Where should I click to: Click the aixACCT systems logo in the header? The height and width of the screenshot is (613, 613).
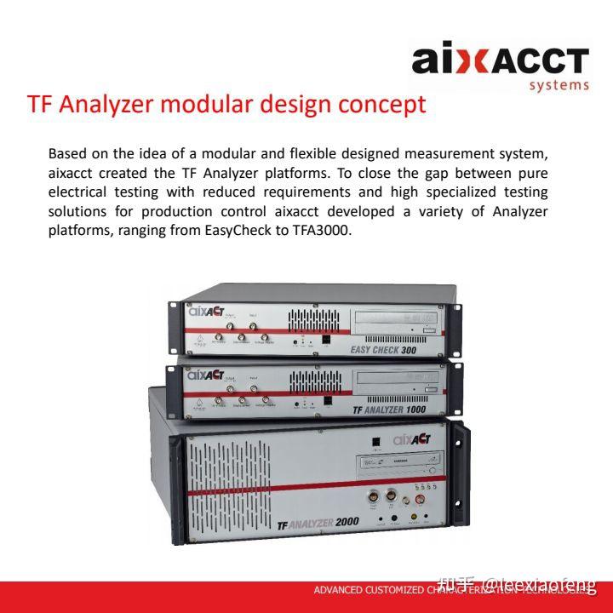pyautogui.click(x=501, y=62)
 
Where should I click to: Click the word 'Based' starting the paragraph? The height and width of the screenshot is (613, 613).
pyautogui.click(x=66, y=153)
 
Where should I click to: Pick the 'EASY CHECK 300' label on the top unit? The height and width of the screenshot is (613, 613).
pyautogui.click(x=386, y=349)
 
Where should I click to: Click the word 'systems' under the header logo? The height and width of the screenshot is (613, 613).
pyautogui.click(x=559, y=84)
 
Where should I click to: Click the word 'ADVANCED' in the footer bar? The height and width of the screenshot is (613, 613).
pyautogui.click(x=340, y=591)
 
